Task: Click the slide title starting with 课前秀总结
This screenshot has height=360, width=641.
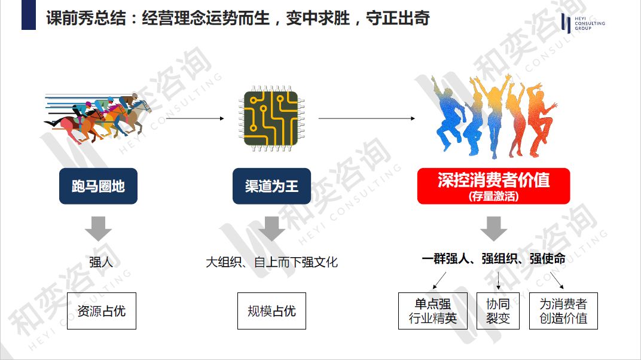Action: pyautogui.click(x=238, y=18)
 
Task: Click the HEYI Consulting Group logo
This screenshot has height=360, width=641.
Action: pyautogui.click(x=583, y=23)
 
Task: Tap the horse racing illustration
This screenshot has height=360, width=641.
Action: pyautogui.click(x=97, y=117)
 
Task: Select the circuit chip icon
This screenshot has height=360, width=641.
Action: pyautogui.click(x=271, y=118)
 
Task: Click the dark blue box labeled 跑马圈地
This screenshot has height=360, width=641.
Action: pyautogui.click(x=98, y=187)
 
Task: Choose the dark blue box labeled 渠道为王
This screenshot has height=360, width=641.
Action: pyautogui.click(x=271, y=187)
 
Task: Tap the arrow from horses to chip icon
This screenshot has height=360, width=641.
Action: pyautogui.click(x=194, y=118)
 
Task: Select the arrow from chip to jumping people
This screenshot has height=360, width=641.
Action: pyautogui.click(x=366, y=118)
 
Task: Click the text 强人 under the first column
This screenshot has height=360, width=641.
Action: pyautogui.click(x=100, y=262)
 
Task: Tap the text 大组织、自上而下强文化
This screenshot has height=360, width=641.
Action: pyautogui.click(x=271, y=262)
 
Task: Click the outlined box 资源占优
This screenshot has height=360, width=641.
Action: pyautogui.click(x=102, y=310)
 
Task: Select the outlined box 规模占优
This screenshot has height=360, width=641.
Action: pyautogui.click(x=271, y=310)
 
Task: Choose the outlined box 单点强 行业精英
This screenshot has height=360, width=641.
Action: pyautogui.click(x=433, y=310)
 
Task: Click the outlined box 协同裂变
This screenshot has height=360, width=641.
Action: pyautogui.click(x=498, y=310)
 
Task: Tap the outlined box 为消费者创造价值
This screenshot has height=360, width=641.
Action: pyautogui.click(x=563, y=310)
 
